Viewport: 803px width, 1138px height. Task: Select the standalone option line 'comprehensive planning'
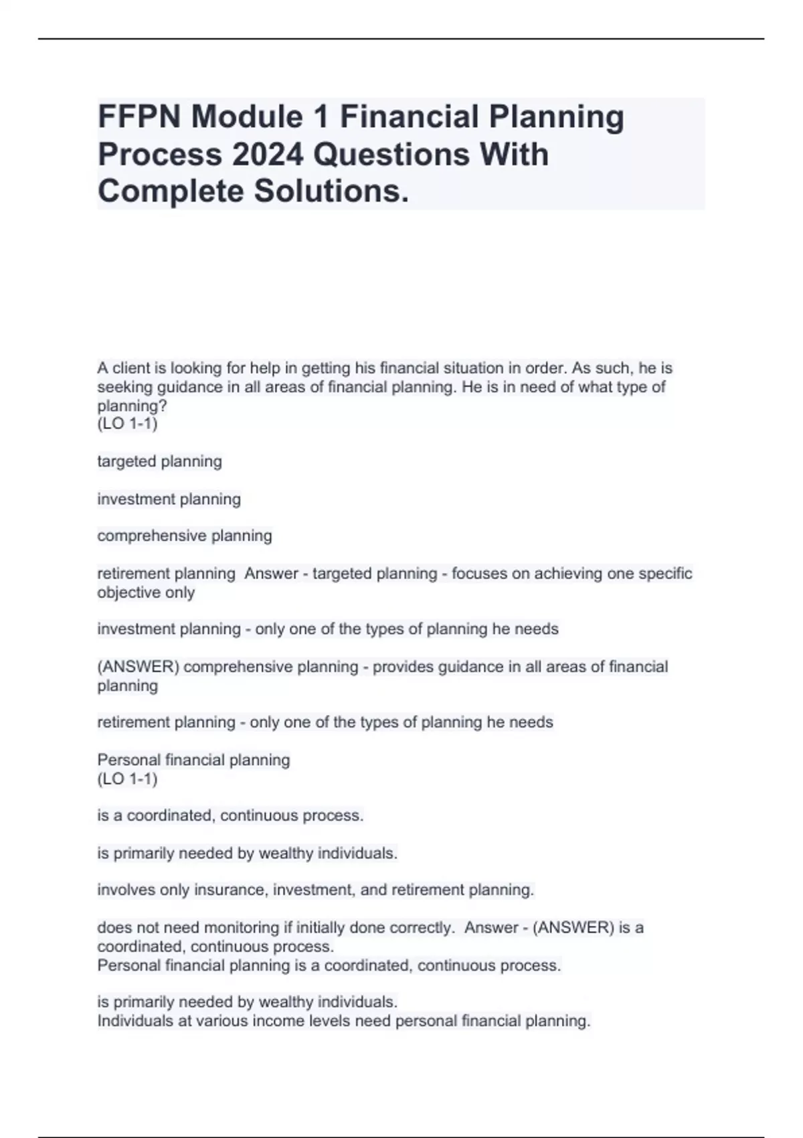pos(185,536)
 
